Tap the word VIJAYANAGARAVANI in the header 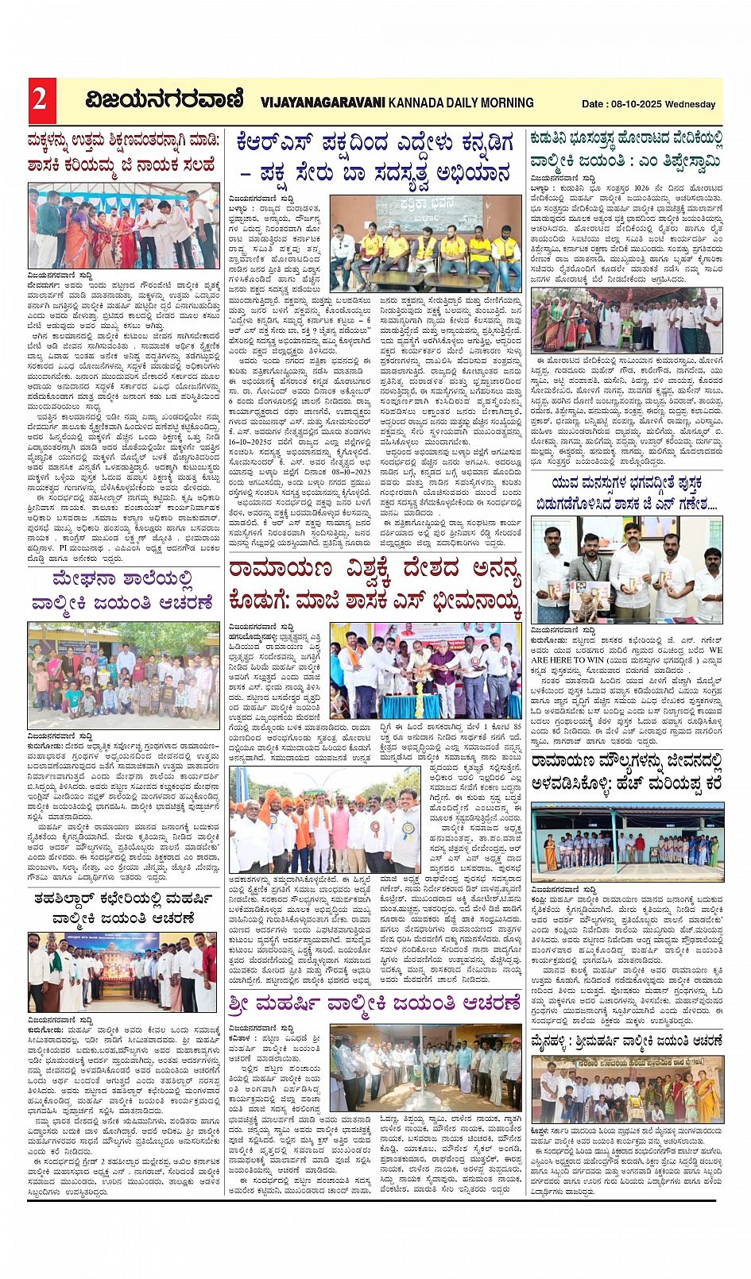coord(323,102)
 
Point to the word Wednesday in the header coord(691,104)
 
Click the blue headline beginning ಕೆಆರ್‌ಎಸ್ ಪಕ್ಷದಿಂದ coord(374,157)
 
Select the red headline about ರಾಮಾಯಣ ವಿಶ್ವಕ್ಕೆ coord(374,584)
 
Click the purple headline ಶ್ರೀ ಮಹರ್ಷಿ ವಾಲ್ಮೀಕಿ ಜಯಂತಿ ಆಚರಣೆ coord(374,1003)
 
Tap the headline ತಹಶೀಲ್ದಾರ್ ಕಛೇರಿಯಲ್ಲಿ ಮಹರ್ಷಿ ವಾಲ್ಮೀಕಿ coord(123,908)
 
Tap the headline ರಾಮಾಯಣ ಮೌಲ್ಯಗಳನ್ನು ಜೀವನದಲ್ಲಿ coord(626,771)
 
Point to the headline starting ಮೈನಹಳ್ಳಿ coord(626,1041)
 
